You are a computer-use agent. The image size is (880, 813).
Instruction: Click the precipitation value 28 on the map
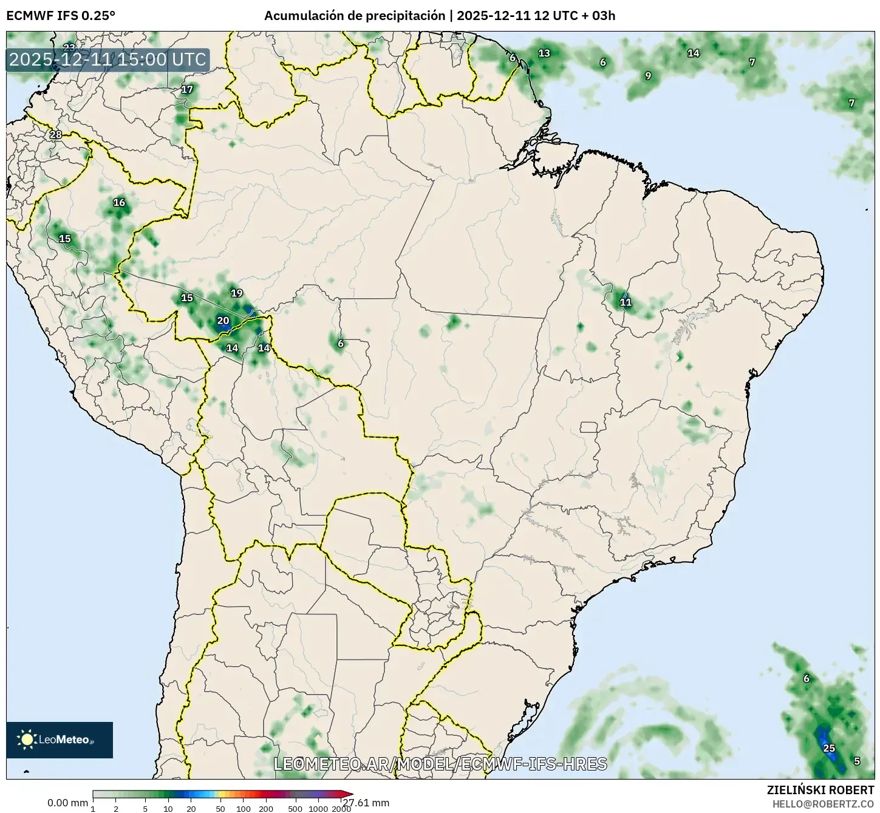coord(55,134)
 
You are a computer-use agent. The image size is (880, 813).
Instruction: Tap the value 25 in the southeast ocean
coord(829,748)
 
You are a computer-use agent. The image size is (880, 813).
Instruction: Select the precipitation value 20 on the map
coord(223,321)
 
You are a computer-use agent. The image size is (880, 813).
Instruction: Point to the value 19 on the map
coord(236,293)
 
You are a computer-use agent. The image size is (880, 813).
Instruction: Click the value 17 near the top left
coord(187,89)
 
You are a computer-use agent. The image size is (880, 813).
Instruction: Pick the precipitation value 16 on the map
coord(119,202)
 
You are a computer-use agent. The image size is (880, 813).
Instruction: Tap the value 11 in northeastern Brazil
coord(625,302)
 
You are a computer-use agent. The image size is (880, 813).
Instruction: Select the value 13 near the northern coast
coord(544,53)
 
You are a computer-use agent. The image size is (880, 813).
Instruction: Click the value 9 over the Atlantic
coord(648,75)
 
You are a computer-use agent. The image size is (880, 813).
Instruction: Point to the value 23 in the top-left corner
coord(69,47)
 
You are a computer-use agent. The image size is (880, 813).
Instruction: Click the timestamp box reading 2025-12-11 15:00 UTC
coord(107,60)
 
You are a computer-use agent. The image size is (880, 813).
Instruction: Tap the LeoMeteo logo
coord(59,740)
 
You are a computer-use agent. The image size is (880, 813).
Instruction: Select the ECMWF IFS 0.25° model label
coord(61,16)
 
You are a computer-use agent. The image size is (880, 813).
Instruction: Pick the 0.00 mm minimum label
coord(67,803)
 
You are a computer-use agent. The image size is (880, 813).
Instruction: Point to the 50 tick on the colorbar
coord(220,809)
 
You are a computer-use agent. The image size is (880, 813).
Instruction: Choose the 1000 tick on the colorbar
coord(318,809)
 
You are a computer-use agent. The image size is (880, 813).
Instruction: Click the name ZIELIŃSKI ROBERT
coord(820,790)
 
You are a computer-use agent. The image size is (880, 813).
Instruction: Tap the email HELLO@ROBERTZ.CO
coord(823,803)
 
